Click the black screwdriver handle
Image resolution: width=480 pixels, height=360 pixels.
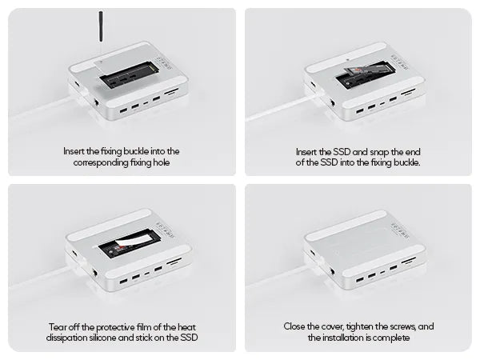[x=100, y=26]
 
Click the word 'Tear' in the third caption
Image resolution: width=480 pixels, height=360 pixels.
[x=58, y=327]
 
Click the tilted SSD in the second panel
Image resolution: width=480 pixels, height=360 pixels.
[x=366, y=70]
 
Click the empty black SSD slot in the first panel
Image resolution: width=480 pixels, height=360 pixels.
[x=128, y=77]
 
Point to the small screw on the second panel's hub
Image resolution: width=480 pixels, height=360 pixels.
[x=346, y=59]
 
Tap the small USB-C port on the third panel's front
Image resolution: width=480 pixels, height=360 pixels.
[x=147, y=273]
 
